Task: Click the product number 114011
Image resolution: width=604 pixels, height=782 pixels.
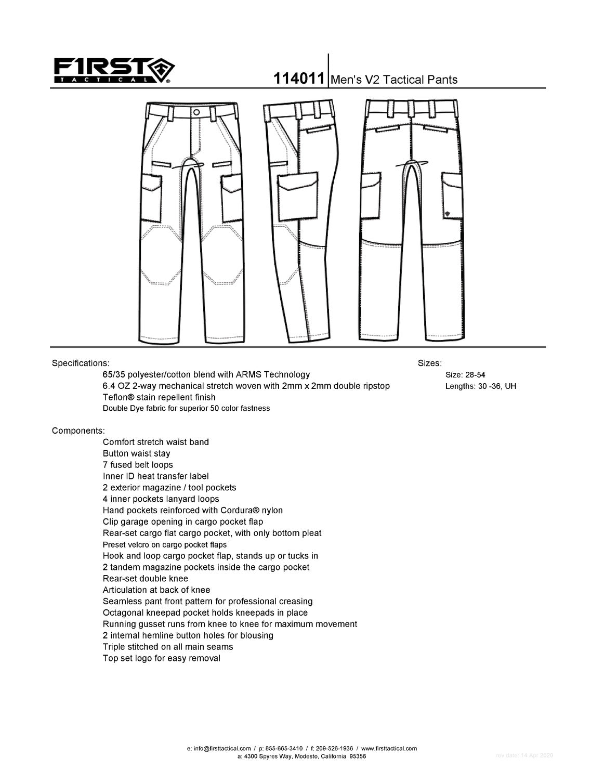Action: click(x=299, y=80)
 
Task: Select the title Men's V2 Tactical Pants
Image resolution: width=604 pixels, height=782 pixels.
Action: click(x=393, y=80)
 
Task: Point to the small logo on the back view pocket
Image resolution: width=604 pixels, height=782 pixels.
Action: click(x=448, y=213)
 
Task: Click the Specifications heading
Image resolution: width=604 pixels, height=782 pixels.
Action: click(x=81, y=363)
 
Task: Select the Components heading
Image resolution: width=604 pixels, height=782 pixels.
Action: click(x=78, y=431)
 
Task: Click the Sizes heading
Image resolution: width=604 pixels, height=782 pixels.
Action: click(x=429, y=363)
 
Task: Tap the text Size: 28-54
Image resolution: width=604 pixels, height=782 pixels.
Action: click(x=465, y=374)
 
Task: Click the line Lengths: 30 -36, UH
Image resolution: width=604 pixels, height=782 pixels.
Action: click(x=480, y=386)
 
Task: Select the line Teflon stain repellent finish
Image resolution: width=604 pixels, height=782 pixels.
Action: click(x=159, y=397)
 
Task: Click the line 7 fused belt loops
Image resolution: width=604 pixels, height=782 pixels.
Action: click(x=138, y=465)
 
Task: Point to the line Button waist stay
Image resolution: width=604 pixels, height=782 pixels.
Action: click(x=136, y=453)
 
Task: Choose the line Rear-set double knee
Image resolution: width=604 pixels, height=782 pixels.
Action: click(x=145, y=579)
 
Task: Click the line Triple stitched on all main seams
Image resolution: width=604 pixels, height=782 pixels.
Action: click(x=168, y=647)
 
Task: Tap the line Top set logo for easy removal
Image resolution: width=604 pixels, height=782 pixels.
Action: click(x=161, y=658)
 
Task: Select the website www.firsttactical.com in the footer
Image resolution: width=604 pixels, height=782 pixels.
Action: click(x=389, y=749)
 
